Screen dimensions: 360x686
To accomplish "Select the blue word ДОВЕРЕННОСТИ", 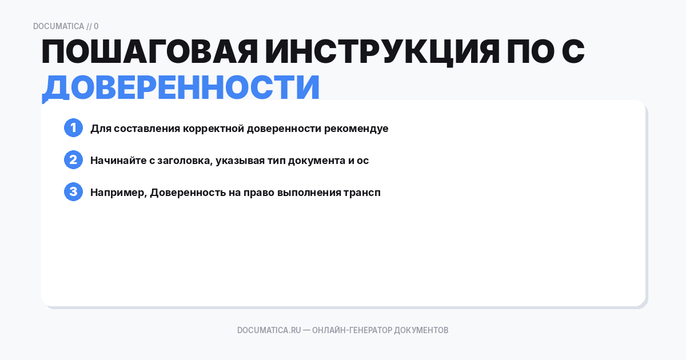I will (181, 87).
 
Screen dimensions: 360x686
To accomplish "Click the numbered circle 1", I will (73, 128).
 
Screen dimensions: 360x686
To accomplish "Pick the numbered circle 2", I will (73, 160).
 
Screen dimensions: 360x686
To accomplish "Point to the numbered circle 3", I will (73, 192).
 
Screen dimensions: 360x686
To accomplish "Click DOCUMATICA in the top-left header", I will (58, 26).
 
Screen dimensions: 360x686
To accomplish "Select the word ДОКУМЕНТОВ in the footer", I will (421, 330).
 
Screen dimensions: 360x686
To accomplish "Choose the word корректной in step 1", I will (214, 129).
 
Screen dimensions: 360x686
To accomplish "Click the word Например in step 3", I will (119, 193).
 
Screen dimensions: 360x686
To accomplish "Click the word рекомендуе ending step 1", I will (356, 129).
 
